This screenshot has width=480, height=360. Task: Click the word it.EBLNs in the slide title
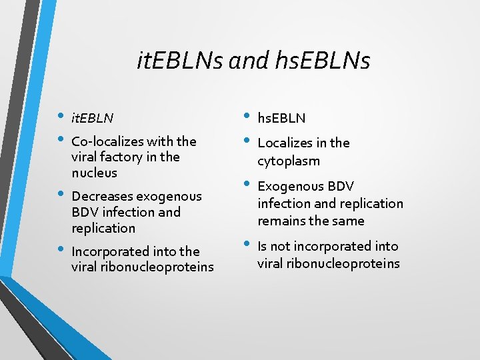(x=179, y=61)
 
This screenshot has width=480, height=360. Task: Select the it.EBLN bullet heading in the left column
(x=92, y=118)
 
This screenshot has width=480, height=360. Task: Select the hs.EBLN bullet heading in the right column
(x=281, y=118)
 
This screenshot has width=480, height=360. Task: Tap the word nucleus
(x=94, y=173)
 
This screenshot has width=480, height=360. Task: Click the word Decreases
(x=101, y=196)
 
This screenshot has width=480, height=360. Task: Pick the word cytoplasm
(x=289, y=161)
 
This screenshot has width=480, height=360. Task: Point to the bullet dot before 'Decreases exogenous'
(x=61, y=195)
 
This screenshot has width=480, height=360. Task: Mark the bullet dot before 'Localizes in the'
(x=247, y=141)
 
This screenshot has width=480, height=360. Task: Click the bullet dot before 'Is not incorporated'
(x=247, y=245)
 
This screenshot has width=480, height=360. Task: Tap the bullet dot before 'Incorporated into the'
(x=61, y=250)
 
